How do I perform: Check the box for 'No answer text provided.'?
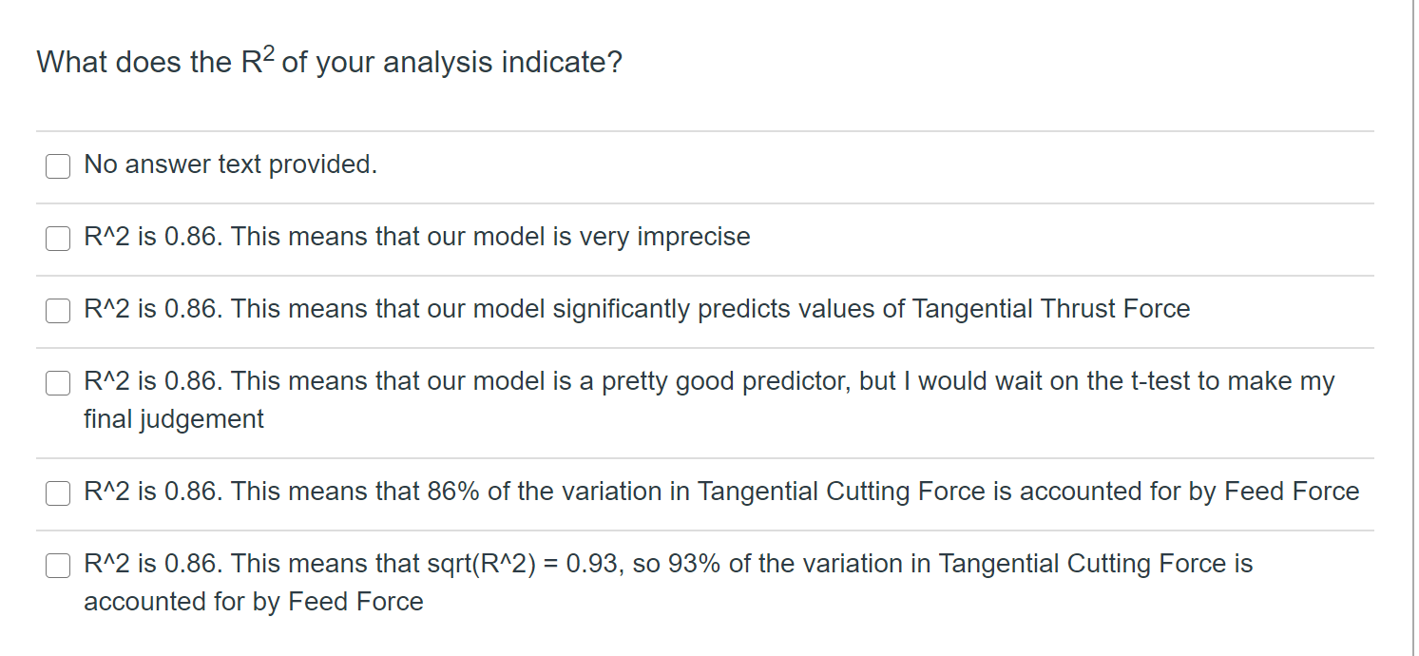(58, 166)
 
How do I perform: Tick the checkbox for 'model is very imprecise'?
(58, 239)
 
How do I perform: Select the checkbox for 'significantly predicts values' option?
(58, 311)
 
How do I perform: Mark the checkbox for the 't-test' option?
(58, 383)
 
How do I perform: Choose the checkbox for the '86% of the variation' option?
(58, 493)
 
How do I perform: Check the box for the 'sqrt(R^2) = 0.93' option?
(58, 566)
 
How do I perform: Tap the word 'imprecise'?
(693, 237)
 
